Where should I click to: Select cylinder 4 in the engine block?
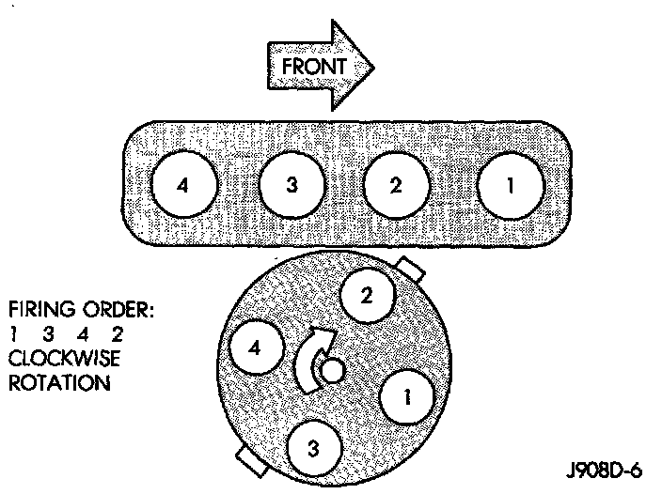184,184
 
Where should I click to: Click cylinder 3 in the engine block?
292,184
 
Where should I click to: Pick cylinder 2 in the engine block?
397,184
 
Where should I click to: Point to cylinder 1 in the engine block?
510,184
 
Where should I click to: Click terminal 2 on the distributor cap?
368,296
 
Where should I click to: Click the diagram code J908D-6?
604,469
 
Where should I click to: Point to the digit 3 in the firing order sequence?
46,335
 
